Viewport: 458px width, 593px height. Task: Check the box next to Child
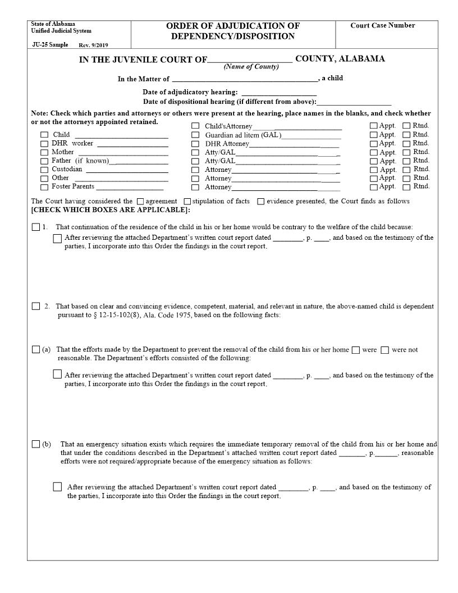tap(44, 135)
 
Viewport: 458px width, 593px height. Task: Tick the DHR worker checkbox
tap(44, 144)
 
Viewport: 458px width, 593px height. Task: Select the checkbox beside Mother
tap(44, 153)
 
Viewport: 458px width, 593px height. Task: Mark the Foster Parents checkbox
tap(44, 187)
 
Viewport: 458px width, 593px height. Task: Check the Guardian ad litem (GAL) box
tap(195, 135)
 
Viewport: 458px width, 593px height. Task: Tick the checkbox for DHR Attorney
tap(195, 144)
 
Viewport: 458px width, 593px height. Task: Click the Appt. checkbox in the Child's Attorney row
tap(373, 126)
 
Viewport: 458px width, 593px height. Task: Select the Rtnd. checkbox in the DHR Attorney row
tap(407, 144)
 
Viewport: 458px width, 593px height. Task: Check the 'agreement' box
tap(140, 202)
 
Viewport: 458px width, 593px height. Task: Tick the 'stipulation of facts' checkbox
tap(187, 202)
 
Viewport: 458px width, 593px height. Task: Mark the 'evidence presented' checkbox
tap(261, 202)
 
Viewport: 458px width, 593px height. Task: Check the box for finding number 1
tap(36, 227)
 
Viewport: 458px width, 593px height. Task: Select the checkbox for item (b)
tap(36, 444)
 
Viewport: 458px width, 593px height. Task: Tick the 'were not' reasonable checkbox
tap(384, 350)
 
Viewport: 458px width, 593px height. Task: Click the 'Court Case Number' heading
tap(383, 26)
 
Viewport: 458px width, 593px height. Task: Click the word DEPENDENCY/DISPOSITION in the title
tap(233, 37)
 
